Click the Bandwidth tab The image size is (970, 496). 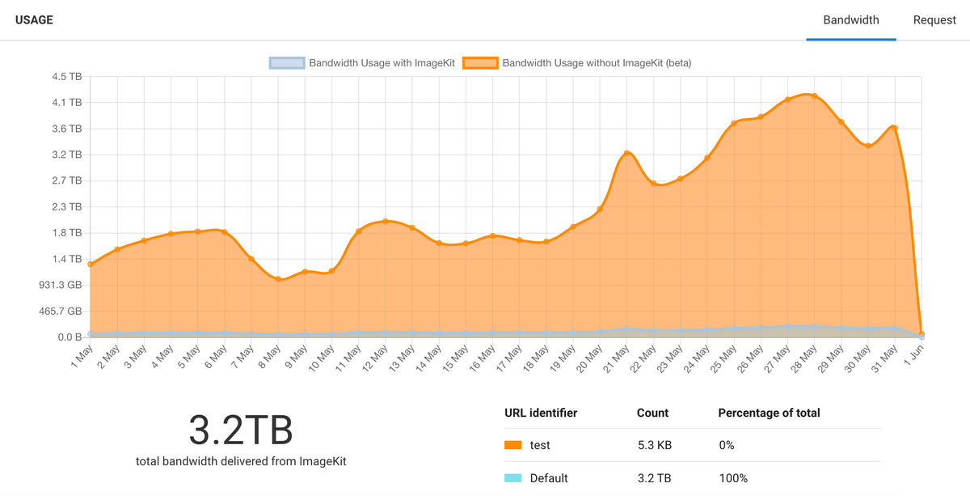(x=850, y=20)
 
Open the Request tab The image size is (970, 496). (x=934, y=20)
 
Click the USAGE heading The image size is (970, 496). (x=34, y=20)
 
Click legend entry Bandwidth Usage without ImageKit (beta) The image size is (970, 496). (x=596, y=62)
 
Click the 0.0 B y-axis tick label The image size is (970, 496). (x=68, y=337)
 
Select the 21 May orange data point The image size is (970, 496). (x=626, y=154)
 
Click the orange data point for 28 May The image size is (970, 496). (x=814, y=96)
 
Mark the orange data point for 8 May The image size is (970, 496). (x=278, y=279)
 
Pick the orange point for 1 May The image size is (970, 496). (x=91, y=265)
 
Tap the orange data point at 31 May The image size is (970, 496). (x=894, y=128)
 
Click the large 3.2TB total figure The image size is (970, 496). (x=240, y=430)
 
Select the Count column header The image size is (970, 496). (x=652, y=413)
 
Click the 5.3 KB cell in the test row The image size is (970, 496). (x=654, y=445)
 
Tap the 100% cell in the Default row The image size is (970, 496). (x=732, y=478)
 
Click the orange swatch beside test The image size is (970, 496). (x=512, y=445)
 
